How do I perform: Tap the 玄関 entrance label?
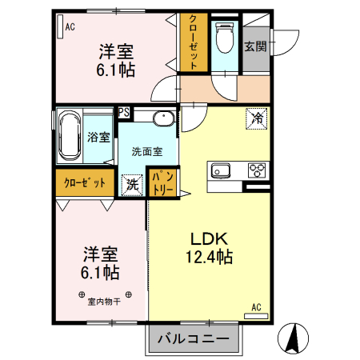[256, 46]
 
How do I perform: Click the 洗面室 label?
[147, 150]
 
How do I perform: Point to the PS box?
[124, 112]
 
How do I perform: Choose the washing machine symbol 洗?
[131, 183]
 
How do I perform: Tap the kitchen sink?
[220, 170]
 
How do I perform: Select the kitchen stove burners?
[258, 170]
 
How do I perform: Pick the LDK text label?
[210, 238]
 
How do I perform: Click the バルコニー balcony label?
[193, 338]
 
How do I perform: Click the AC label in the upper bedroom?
[70, 26]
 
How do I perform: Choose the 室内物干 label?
[104, 301]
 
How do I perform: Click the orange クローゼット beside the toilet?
[191, 44]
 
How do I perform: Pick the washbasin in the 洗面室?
[162, 120]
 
